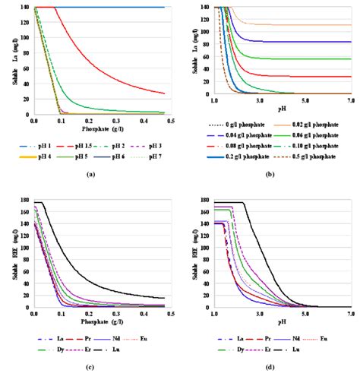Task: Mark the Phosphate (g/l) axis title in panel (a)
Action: (102, 128)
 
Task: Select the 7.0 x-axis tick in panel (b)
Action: (350, 100)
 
